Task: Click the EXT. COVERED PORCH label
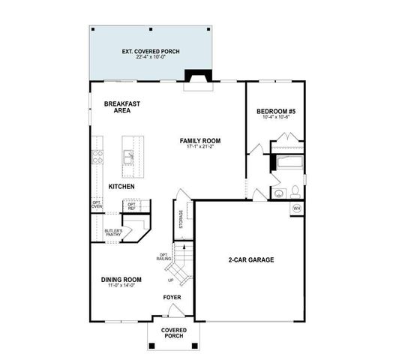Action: (x=155, y=52)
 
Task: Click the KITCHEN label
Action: (x=121, y=186)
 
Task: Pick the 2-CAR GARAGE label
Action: (x=250, y=259)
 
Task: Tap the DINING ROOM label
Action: (x=121, y=280)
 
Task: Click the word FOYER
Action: (x=172, y=297)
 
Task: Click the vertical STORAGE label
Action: (x=181, y=220)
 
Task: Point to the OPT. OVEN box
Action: (x=96, y=205)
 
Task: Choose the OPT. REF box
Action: (x=132, y=205)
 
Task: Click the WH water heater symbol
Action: (x=296, y=208)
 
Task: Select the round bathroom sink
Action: (x=278, y=193)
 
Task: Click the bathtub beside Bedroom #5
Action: (x=288, y=163)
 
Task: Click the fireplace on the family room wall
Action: (x=199, y=79)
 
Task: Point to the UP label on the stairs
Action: (x=172, y=280)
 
